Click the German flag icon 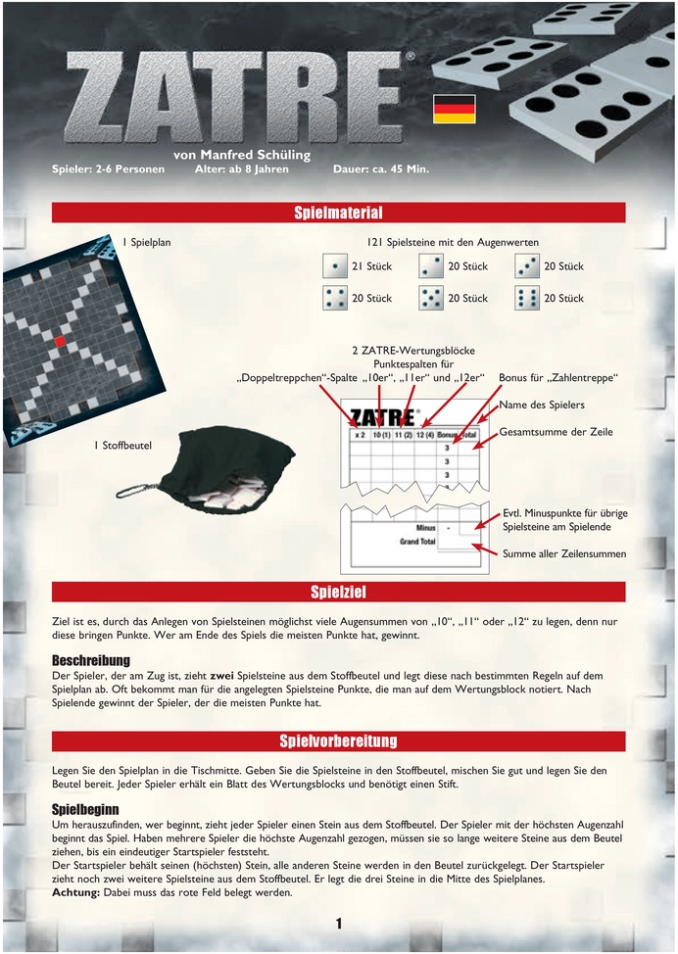[454, 109]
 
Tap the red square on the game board [60, 341]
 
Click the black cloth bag [225, 468]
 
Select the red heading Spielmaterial [338, 213]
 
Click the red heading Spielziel [338, 592]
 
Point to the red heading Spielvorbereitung [338, 741]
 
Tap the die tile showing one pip [335, 265]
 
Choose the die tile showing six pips [527, 298]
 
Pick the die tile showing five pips [431, 298]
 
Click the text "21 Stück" [372, 266]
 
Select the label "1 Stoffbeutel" [122, 446]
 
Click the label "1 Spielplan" [146, 242]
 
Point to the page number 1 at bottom [339, 924]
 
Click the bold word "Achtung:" [75, 892]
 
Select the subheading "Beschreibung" [91, 661]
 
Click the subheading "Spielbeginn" [85, 810]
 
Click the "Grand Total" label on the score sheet [417, 542]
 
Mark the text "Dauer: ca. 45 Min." [381, 169]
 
